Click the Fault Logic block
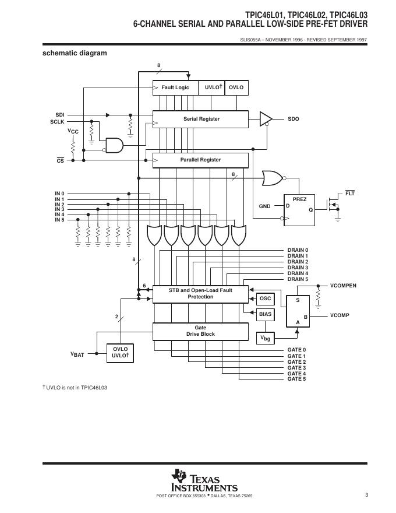click(175, 87)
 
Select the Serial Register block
click(201, 119)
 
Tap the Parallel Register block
click(200, 160)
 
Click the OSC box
click(265, 298)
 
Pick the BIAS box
click(265, 314)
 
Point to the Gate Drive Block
click(200, 331)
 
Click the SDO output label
click(293, 119)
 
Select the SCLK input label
click(57, 121)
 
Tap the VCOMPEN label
click(343, 286)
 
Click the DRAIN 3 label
click(298, 268)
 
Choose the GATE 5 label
click(296, 379)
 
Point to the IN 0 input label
click(59, 194)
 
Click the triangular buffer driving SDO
click(266, 119)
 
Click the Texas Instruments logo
click(204, 481)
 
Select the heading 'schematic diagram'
click(75, 53)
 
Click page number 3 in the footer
click(366, 496)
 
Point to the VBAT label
click(77, 354)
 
